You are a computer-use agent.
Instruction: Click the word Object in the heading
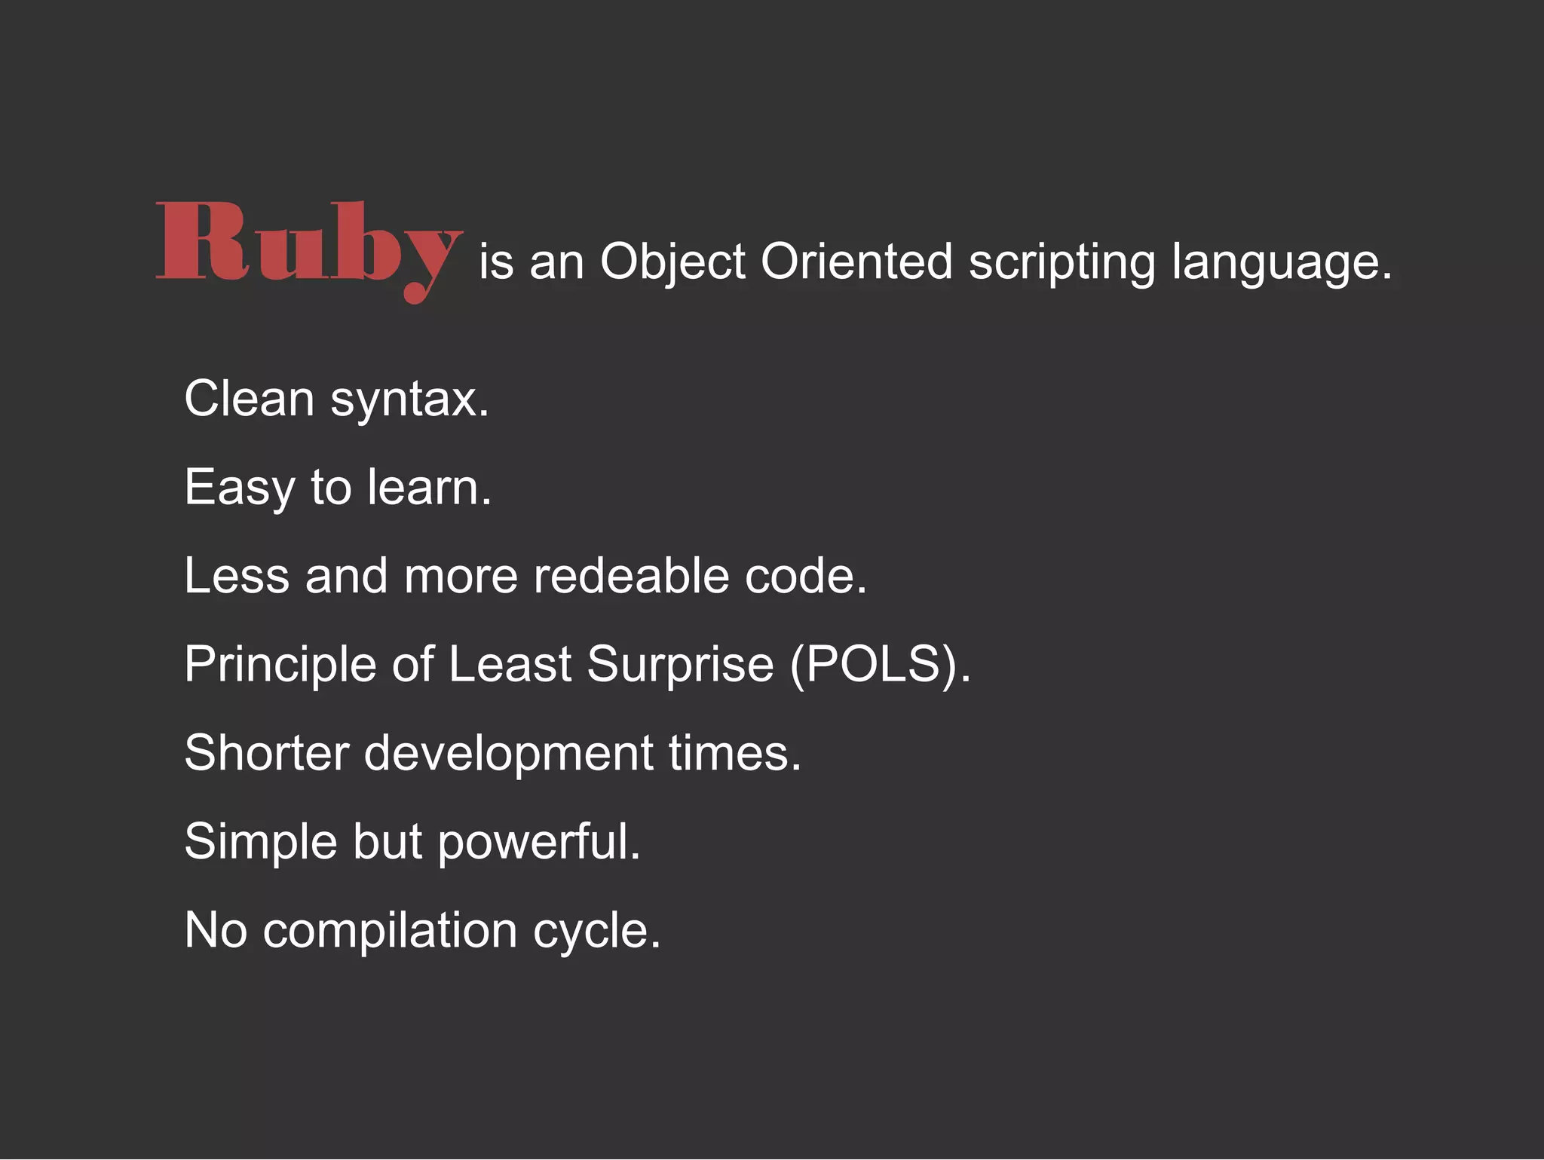coord(672,262)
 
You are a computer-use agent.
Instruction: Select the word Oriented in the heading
coord(856,262)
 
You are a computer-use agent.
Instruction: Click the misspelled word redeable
coord(632,576)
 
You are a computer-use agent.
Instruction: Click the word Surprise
coord(680,665)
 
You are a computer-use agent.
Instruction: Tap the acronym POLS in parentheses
coord(874,665)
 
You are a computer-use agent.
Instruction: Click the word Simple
coord(261,842)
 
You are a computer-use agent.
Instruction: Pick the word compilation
coord(390,931)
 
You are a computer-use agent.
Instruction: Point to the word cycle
coord(596,931)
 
